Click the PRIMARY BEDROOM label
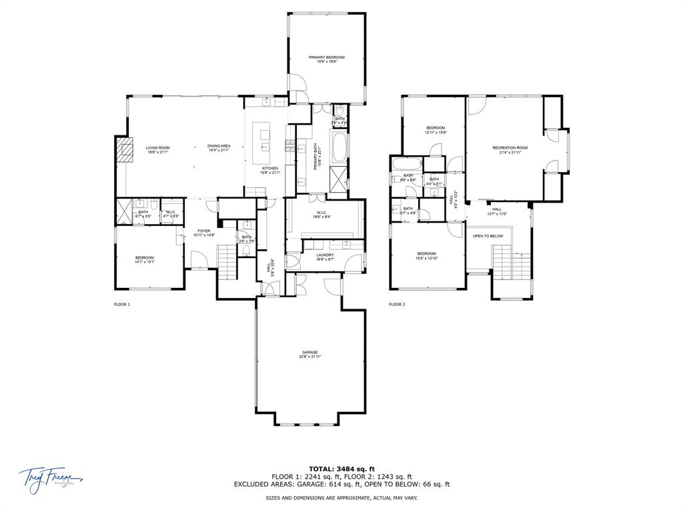(326, 58)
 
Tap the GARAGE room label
(309, 353)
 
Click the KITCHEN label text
(269, 168)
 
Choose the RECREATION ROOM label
(510, 148)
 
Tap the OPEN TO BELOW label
(488, 236)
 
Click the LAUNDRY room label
(325, 255)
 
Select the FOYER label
(203, 231)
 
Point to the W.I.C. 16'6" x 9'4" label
(325, 214)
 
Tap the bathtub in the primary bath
(339, 147)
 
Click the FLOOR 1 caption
(122, 304)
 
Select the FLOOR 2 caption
(397, 304)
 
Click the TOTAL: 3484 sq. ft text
(341, 469)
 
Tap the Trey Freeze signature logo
(49, 477)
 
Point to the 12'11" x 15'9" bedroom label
(436, 129)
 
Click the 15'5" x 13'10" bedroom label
(427, 255)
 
